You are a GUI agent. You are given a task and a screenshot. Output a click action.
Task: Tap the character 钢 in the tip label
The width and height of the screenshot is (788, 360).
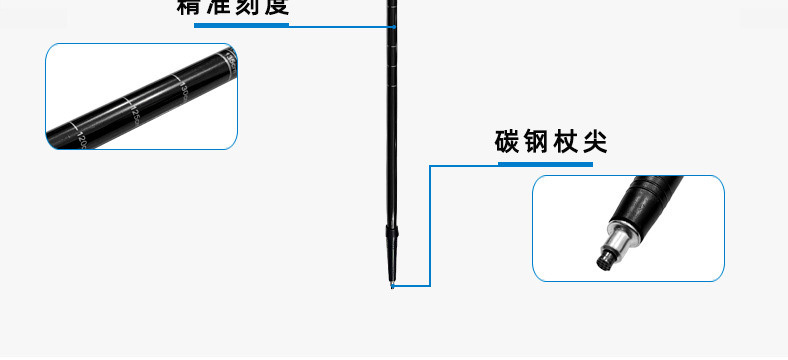pos(540,142)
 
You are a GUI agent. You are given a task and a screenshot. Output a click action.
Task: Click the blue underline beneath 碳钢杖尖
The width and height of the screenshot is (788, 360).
pos(545,164)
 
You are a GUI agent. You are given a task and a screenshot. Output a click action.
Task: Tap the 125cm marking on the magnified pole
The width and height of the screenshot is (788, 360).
pos(132,112)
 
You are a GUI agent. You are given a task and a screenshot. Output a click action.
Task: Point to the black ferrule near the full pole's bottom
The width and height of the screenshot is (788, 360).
pos(393,233)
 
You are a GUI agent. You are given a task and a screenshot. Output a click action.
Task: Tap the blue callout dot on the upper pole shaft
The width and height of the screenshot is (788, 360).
pos(394,25)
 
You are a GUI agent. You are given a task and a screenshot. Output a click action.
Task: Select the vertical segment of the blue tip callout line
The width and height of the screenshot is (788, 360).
pos(430,226)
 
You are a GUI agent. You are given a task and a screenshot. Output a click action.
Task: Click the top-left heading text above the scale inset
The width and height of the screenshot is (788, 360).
pos(232,7)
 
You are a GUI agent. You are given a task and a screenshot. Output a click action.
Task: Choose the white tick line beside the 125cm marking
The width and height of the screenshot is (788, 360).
pos(125,100)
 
